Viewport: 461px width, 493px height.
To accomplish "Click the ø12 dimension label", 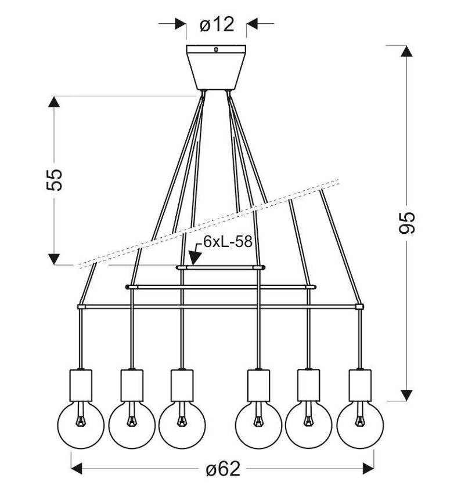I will (216, 24).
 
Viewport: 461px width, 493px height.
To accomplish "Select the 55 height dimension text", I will (54, 180).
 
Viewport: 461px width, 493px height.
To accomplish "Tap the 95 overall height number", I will (408, 222).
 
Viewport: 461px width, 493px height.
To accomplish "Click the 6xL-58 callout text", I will (228, 242).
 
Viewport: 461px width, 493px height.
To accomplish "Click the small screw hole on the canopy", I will (215, 50).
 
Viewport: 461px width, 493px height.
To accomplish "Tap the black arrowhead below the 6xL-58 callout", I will (195, 258).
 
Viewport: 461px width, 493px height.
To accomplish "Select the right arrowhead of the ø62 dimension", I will (366, 467).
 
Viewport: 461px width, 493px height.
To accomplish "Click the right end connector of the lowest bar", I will (359, 306).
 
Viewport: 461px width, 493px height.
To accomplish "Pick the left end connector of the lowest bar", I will (81, 306).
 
